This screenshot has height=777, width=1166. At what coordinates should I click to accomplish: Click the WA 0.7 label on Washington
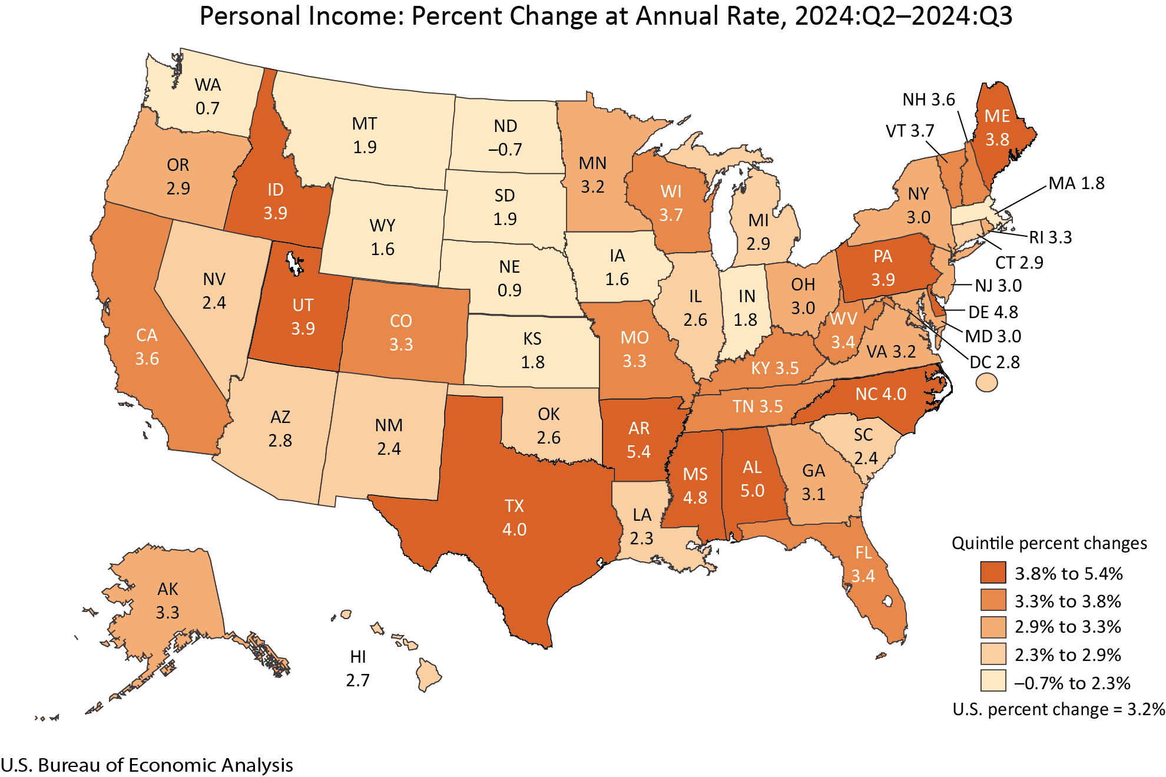click(x=208, y=97)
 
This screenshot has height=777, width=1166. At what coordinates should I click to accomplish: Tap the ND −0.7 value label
click(x=505, y=138)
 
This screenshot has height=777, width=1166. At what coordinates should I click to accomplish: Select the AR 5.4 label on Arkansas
click(x=638, y=440)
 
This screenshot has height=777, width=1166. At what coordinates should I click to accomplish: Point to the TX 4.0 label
click(x=514, y=518)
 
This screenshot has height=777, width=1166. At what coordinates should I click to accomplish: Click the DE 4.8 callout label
click(x=993, y=312)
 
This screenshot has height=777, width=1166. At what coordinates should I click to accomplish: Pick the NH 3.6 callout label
click(x=929, y=100)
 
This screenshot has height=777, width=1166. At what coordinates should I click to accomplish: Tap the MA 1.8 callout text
click(x=1076, y=183)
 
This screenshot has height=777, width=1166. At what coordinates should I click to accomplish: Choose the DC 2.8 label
click(x=995, y=362)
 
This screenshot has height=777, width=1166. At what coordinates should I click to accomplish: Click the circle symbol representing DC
click(x=986, y=383)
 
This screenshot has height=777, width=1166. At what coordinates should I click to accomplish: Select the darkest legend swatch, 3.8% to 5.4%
click(x=993, y=573)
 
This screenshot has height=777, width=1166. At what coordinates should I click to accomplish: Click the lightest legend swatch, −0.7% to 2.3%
click(x=993, y=681)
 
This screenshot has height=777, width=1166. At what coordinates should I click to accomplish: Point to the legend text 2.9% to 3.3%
click(x=1068, y=627)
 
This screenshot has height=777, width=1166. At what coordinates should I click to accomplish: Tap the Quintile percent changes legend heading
click(x=1049, y=543)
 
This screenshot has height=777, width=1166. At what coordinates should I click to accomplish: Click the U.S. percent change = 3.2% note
click(x=1058, y=709)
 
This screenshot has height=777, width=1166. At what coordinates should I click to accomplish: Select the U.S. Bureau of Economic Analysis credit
click(x=147, y=765)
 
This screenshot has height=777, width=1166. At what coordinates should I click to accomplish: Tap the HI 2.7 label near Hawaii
click(x=357, y=669)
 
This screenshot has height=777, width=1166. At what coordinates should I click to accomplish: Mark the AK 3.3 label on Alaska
click(x=167, y=601)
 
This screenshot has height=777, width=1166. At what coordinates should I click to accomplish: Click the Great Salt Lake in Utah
click(x=293, y=263)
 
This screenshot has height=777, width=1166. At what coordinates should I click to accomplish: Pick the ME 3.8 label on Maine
click(x=997, y=128)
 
